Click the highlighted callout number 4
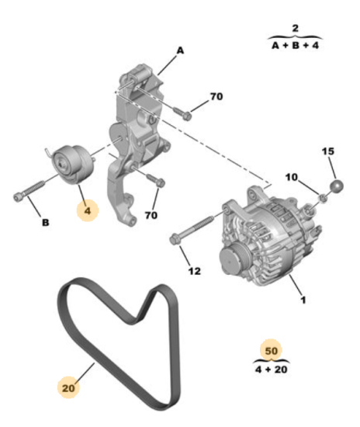click(x=87, y=210)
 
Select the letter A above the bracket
click(x=180, y=50)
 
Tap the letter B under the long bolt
click(x=45, y=223)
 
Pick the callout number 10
click(x=292, y=178)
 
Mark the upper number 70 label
click(x=216, y=99)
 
